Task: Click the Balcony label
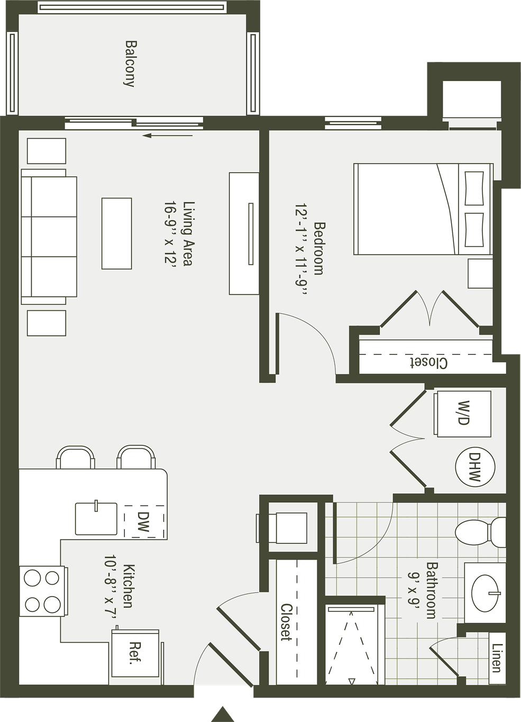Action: [130, 64]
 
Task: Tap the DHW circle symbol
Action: [475, 467]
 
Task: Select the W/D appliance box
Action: [463, 414]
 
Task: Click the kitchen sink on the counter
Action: [96, 519]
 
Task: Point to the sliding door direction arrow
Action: [168, 136]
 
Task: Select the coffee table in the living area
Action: [116, 233]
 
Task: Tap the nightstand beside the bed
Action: [480, 273]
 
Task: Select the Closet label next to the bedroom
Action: [429, 363]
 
